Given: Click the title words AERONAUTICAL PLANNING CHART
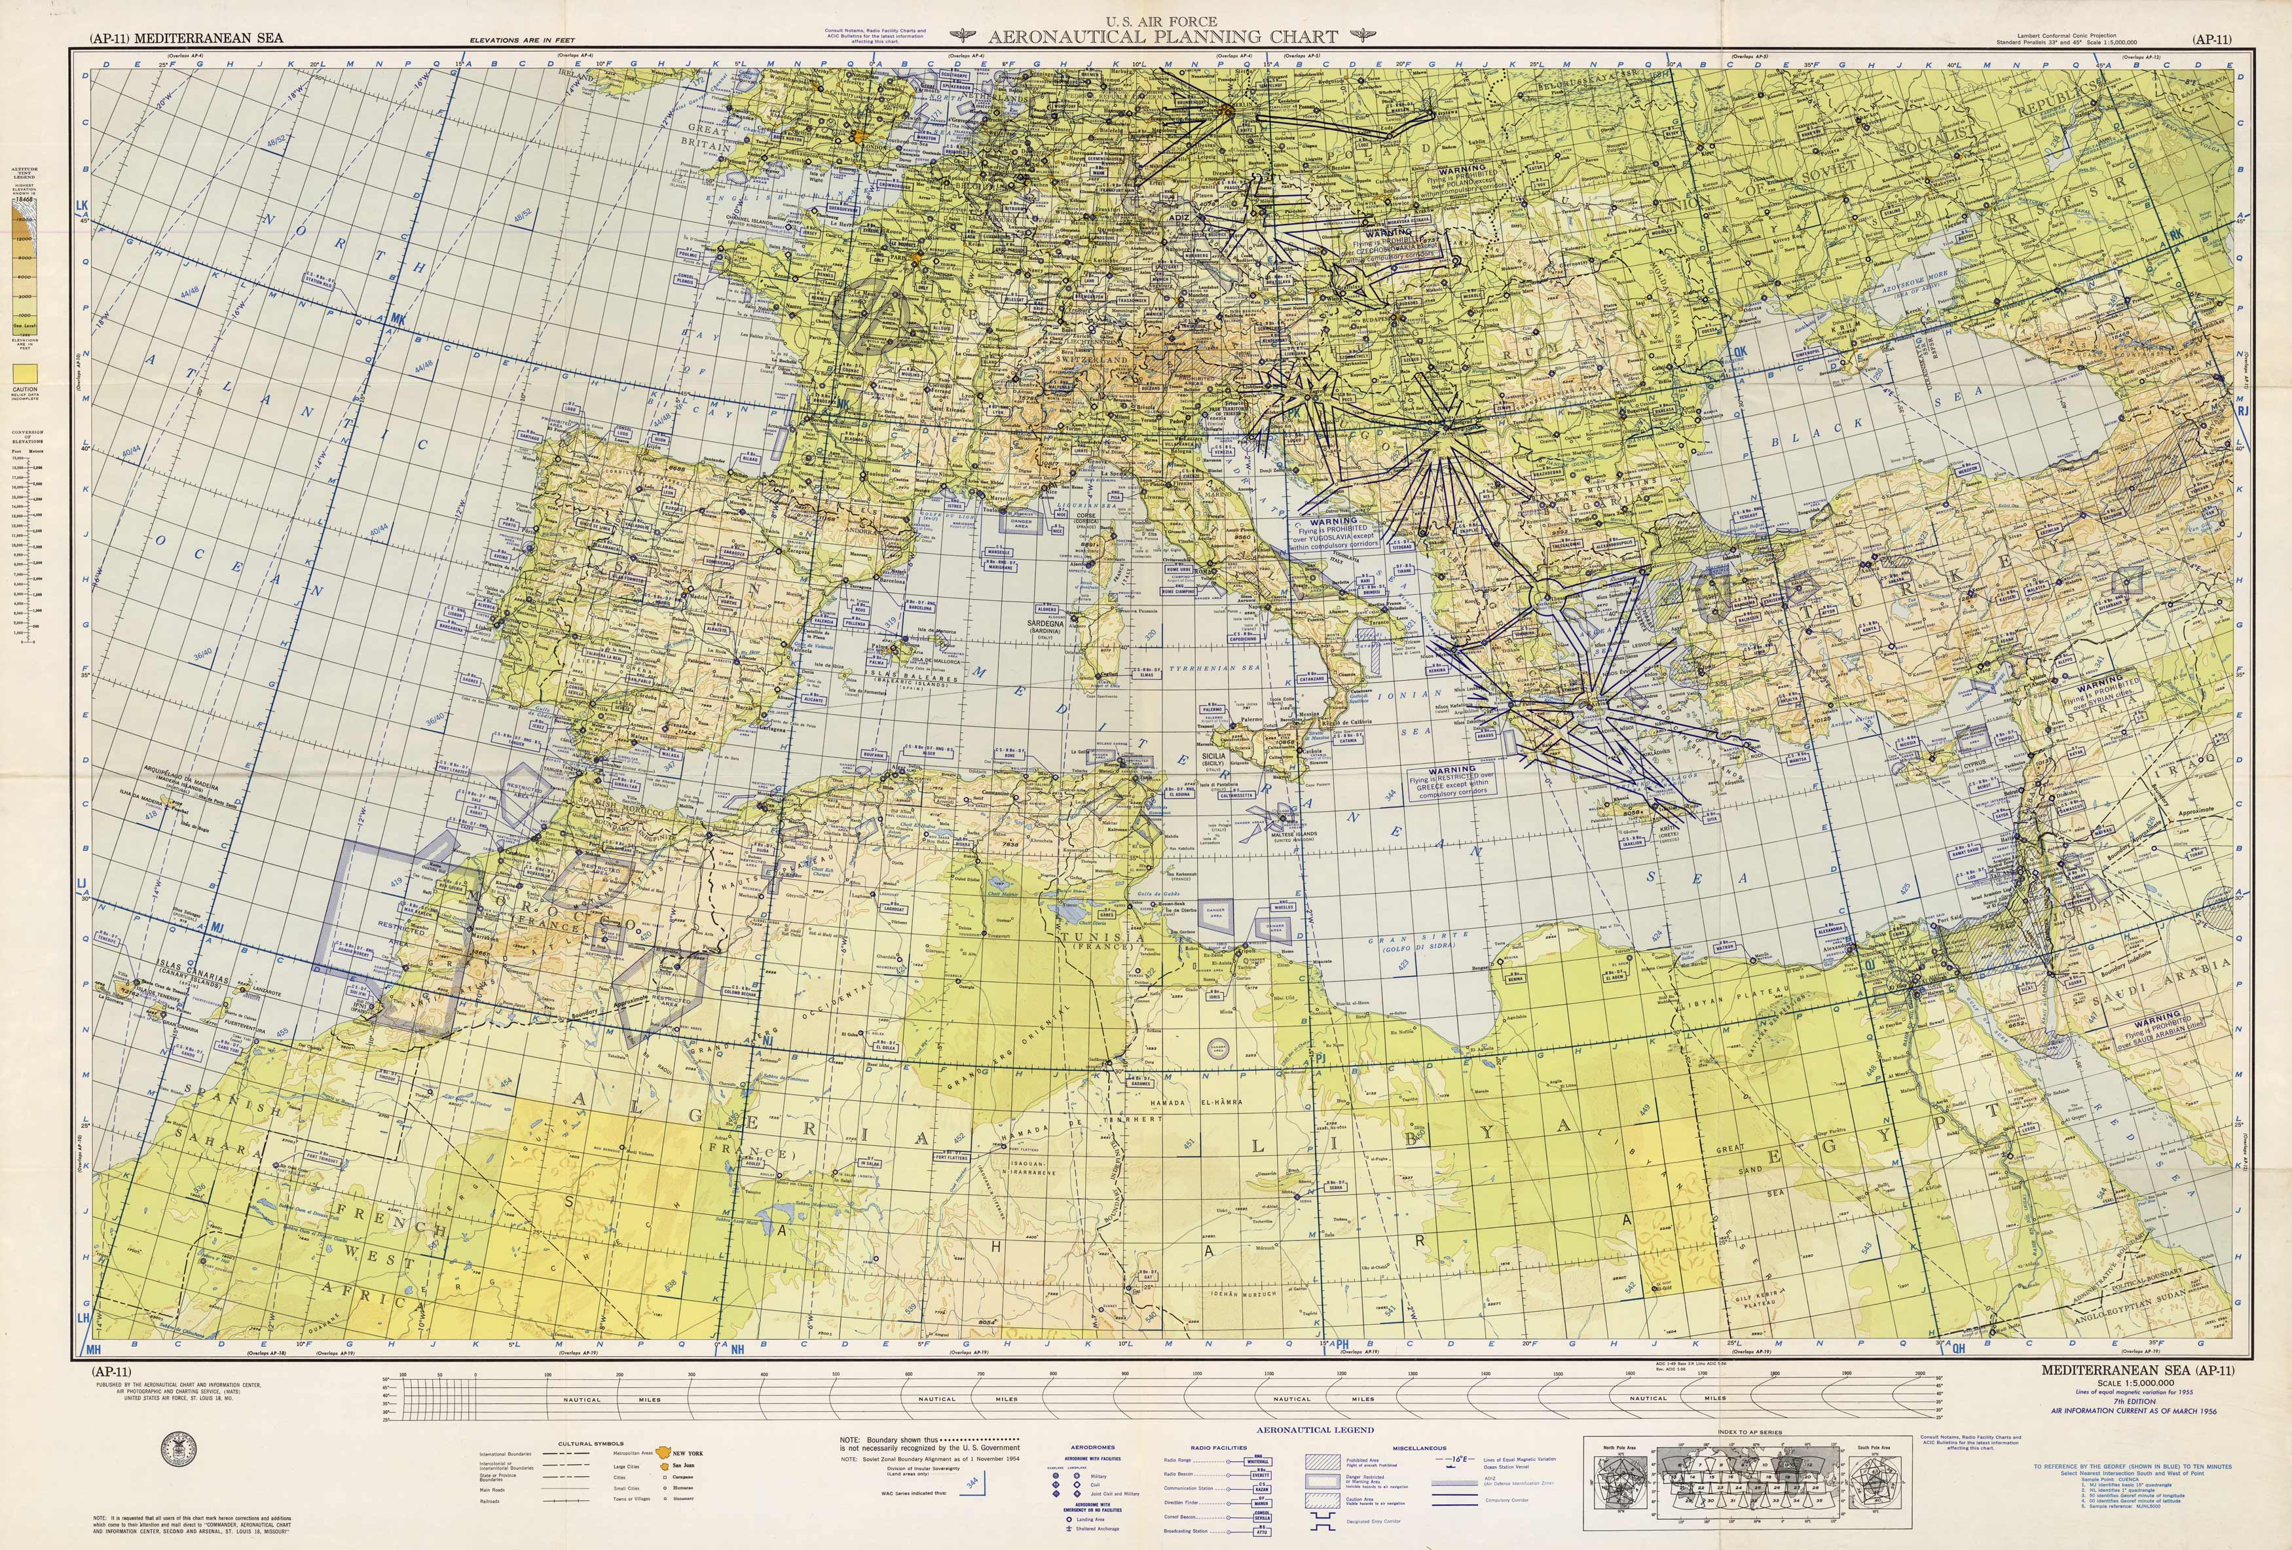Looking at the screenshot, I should click(1163, 37).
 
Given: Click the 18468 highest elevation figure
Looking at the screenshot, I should click(23, 199).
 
